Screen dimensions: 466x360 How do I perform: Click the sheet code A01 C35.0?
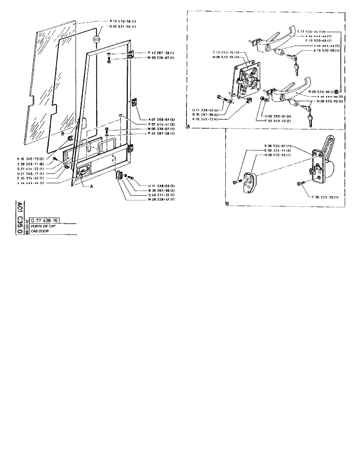(x=20, y=219)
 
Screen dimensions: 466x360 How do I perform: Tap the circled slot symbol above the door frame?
(x=96, y=40)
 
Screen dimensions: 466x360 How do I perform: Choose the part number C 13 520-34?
(x=312, y=31)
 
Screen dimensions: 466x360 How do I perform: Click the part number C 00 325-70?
(x=325, y=198)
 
